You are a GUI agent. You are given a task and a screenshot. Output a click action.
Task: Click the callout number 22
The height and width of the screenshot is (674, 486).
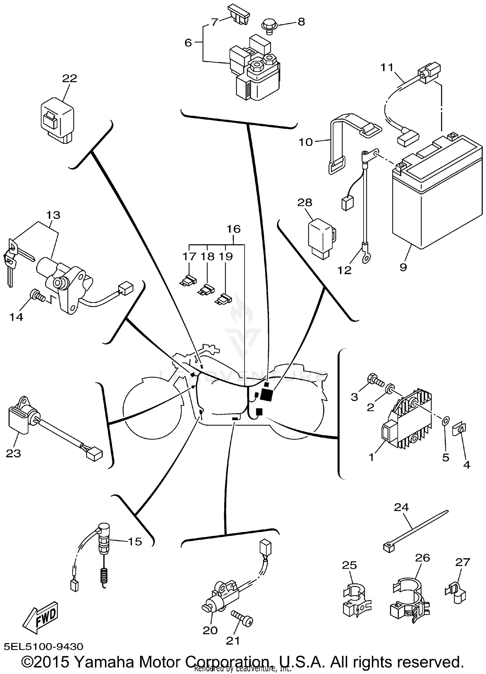click(x=70, y=78)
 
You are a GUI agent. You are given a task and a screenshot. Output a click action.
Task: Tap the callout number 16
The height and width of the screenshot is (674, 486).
click(x=233, y=229)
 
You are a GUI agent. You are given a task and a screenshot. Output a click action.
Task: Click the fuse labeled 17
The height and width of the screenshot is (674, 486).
click(x=188, y=280)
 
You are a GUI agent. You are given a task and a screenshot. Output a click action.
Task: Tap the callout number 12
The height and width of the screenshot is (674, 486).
click(x=344, y=270)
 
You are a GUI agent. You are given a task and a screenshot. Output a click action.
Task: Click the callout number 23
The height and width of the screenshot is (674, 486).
click(x=13, y=453)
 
